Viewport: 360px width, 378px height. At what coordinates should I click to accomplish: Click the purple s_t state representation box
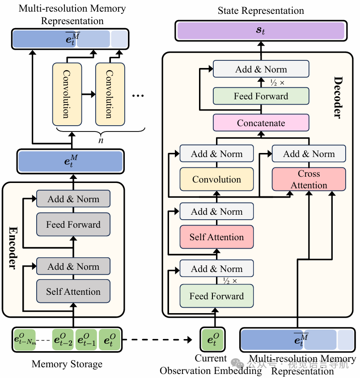tap(261, 30)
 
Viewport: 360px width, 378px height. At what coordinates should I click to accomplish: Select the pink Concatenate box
tap(261, 123)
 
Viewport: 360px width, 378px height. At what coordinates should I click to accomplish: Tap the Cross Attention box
tap(309, 179)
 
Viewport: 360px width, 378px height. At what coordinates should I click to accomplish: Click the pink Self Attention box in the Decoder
tap(216, 237)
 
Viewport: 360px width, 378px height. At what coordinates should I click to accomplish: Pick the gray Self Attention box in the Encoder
tap(73, 291)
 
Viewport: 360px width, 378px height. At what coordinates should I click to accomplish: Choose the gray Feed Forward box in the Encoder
tap(73, 224)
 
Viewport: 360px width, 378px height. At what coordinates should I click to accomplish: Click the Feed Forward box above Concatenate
tap(261, 96)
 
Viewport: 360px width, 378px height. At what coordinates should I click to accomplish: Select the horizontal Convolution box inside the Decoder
tap(216, 179)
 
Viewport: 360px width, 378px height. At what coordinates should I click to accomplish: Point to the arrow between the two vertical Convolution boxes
tap(89, 94)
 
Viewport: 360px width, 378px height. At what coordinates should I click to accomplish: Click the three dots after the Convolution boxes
tap(138, 96)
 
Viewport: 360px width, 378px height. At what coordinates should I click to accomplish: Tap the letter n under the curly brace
tap(101, 140)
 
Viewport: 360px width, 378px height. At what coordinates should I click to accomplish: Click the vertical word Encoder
tap(13, 248)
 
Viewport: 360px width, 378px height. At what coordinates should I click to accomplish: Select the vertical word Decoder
tap(339, 98)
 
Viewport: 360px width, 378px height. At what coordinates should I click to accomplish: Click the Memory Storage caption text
tap(67, 364)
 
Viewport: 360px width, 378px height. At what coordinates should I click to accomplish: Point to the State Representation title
tap(261, 11)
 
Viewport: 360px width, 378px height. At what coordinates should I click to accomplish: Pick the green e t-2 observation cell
tap(63, 340)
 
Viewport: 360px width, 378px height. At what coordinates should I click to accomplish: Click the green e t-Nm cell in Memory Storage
tap(25, 340)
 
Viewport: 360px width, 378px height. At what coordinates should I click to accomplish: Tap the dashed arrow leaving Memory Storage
tap(157, 340)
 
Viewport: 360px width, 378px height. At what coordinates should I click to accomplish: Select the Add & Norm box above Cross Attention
tap(309, 153)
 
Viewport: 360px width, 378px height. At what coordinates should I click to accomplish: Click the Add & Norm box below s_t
tap(261, 69)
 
